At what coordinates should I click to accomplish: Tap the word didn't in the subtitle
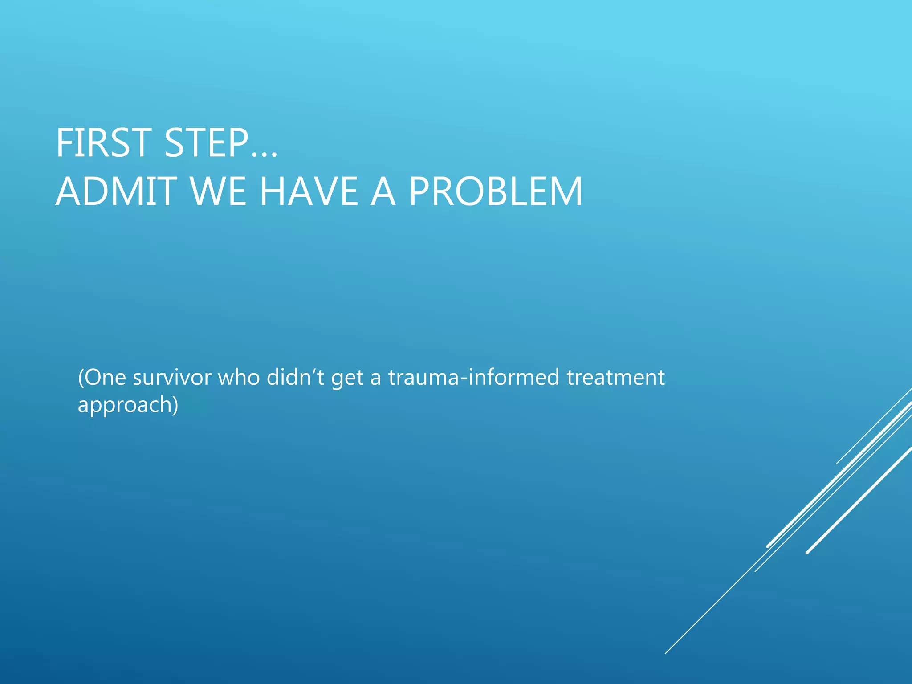(x=296, y=378)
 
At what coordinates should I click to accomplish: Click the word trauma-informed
(x=474, y=378)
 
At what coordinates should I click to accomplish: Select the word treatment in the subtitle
(x=615, y=378)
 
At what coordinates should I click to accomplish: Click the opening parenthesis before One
(x=81, y=378)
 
